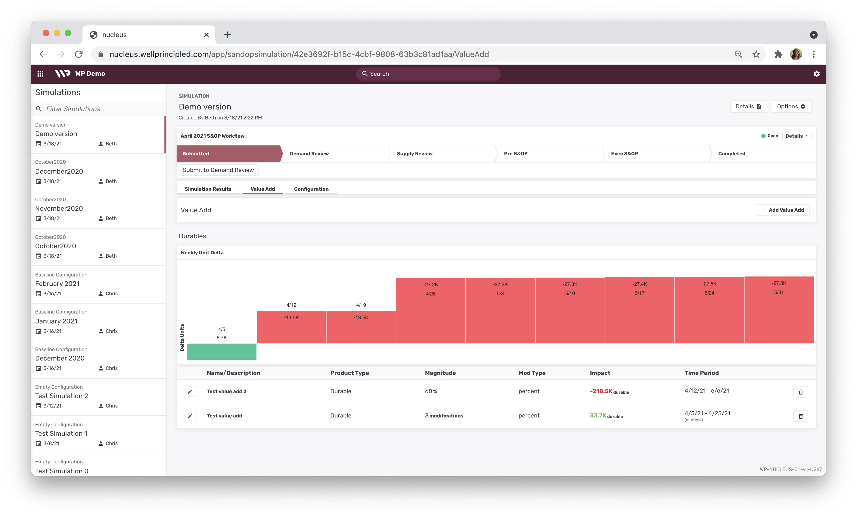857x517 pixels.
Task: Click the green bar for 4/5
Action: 221,351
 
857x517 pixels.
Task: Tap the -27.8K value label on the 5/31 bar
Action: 779,283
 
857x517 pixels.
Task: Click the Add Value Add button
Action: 783,210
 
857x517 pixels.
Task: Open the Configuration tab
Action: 311,189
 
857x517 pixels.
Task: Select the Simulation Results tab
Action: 208,189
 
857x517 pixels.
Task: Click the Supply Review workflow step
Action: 415,153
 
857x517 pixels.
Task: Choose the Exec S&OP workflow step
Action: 624,153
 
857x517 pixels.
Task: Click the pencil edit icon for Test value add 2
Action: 190,391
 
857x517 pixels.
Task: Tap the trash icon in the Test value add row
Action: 800,416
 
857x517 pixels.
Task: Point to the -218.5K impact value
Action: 601,391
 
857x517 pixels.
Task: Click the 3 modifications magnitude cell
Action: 444,416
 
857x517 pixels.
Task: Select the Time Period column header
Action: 701,373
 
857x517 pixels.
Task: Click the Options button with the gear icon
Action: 791,107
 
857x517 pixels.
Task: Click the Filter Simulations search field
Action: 101,109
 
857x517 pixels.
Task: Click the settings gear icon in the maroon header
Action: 816,74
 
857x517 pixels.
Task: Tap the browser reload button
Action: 79,54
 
